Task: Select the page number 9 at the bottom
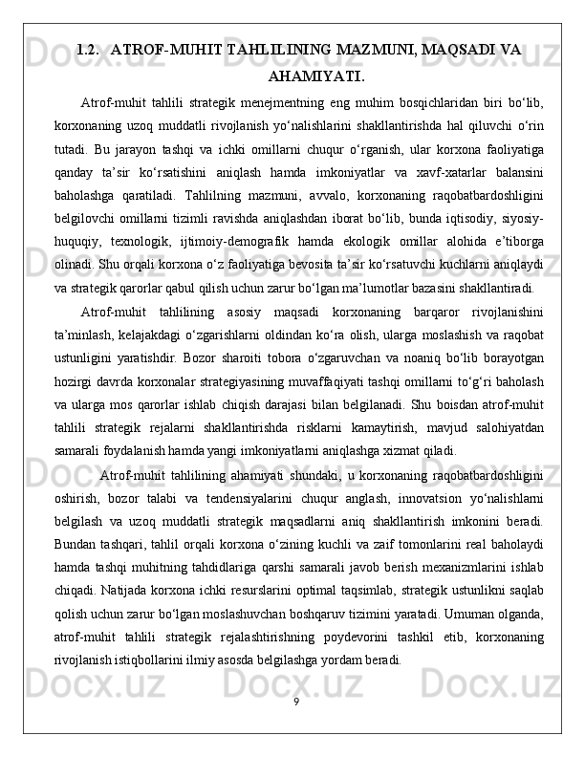[x=295, y=703]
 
